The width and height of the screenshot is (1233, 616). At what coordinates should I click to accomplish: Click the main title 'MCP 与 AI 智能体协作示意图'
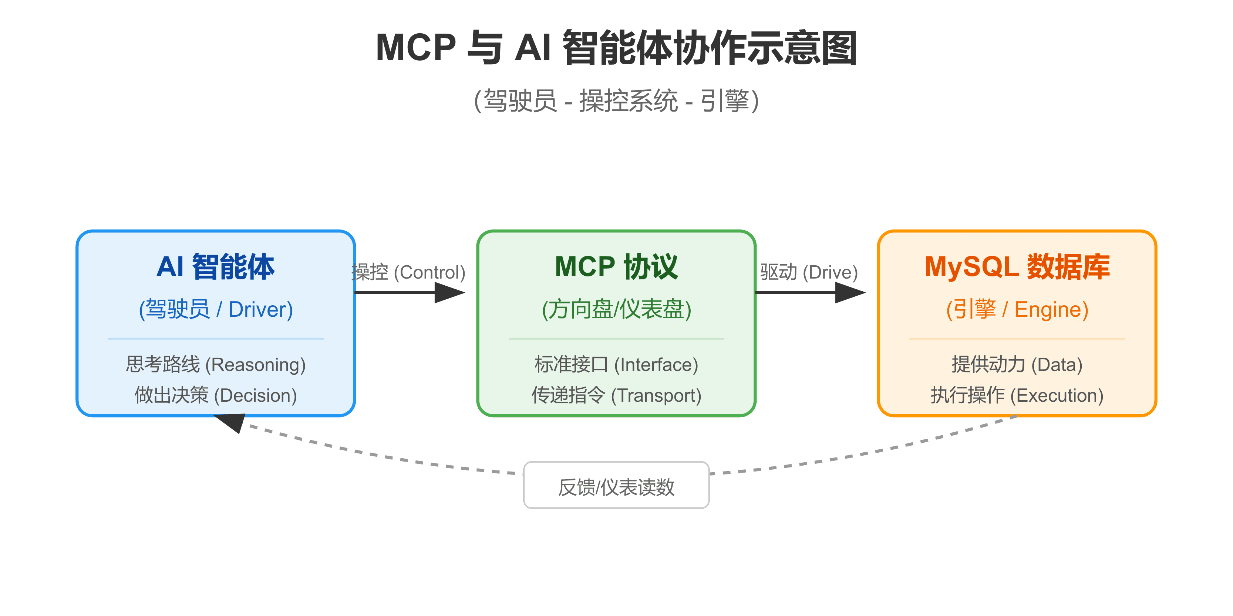tap(616, 48)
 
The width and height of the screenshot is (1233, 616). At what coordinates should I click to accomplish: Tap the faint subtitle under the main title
tap(616, 101)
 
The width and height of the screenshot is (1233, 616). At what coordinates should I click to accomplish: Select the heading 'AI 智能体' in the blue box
tap(215, 266)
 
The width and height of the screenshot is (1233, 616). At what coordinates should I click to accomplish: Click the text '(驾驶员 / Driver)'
tap(215, 309)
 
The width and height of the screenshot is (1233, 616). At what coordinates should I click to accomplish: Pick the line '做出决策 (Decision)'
tap(215, 395)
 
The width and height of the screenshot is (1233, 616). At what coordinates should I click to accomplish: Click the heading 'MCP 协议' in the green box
tap(616, 266)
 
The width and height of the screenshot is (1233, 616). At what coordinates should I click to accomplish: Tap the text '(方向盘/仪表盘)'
tap(616, 309)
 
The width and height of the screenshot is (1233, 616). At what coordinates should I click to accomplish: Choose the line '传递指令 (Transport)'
tap(616, 395)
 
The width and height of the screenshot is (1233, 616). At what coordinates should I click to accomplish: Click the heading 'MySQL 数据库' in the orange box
tap(1017, 266)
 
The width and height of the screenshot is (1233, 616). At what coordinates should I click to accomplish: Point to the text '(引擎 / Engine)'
tap(1017, 309)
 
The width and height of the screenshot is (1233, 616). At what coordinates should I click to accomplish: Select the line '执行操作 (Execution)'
tap(1017, 395)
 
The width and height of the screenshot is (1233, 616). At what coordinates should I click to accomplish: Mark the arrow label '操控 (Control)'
tap(408, 273)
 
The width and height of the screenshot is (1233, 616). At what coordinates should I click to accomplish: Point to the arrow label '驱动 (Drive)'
tap(809, 273)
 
